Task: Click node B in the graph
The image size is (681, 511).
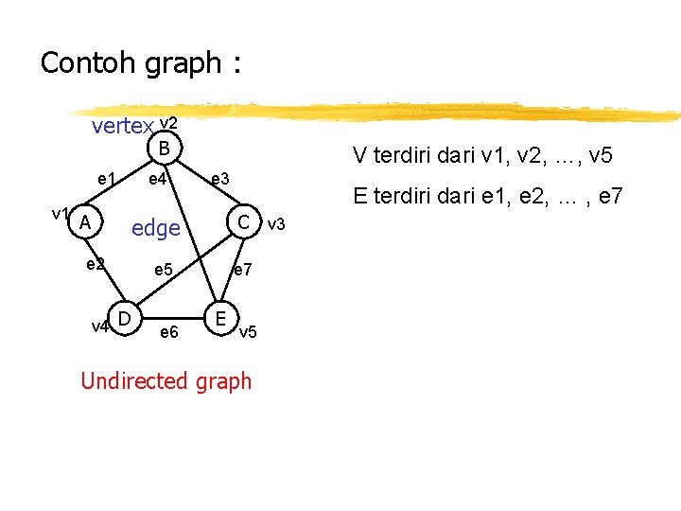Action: (x=165, y=149)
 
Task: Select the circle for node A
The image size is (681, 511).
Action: (x=85, y=222)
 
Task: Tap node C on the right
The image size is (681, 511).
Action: (x=244, y=222)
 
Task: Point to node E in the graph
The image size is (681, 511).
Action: (x=219, y=316)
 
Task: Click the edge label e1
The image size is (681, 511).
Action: (x=107, y=179)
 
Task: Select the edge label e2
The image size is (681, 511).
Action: (x=95, y=264)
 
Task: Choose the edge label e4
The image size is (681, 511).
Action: (x=158, y=179)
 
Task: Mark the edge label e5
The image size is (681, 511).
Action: (x=163, y=271)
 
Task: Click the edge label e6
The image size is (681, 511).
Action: (x=169, y=332)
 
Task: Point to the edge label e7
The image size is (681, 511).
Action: (x=242, y=271)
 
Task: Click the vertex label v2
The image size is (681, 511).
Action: (x=169, y=123)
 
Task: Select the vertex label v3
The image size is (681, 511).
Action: (x=276, y=224)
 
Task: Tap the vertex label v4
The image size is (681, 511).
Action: (x=98, y=327)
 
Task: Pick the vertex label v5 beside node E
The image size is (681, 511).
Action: (x=247, y=332)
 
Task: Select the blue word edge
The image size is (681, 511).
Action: (x=156, y=228)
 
